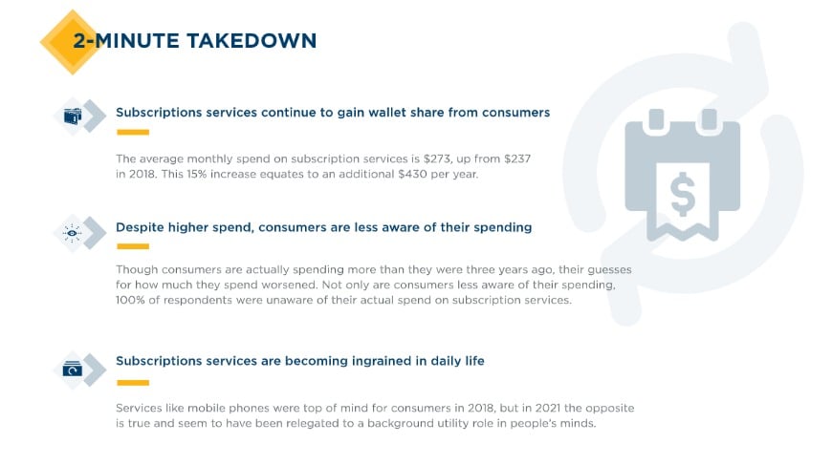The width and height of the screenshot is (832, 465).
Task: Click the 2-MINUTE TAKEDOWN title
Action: click(194, 40)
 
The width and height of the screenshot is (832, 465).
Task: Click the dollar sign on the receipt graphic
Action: click(683, 195)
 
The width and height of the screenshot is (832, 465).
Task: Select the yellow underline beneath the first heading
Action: click(132, 132)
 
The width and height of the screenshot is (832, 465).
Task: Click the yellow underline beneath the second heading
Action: click(132, 246)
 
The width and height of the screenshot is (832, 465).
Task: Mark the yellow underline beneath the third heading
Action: click(132, 382)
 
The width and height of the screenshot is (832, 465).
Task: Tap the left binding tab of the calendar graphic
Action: click(657, 119)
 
